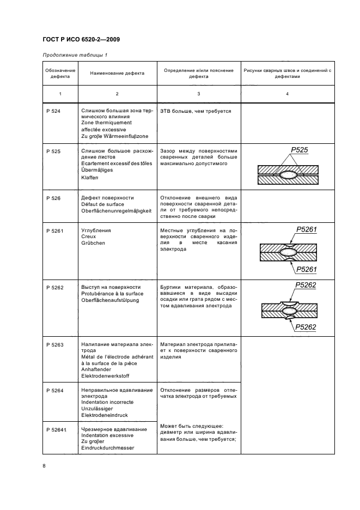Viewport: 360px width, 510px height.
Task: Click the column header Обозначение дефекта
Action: [x=60, y=74]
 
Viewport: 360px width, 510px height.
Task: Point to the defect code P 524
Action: [x=53, y=111]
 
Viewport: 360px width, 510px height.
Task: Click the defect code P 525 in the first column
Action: [x=53, y=151]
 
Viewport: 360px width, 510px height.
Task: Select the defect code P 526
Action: [x=53, y=198]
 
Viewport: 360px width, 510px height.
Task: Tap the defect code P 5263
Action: [x=55, y=345]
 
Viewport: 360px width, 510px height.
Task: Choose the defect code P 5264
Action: [x=55, y=390]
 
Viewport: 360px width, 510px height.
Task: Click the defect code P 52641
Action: [x=56, y=430]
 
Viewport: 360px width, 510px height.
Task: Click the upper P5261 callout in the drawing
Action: [x=307, y=230]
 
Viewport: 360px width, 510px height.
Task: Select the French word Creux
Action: [x=89, y=236]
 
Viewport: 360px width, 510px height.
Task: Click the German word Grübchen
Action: [x=93, y=243]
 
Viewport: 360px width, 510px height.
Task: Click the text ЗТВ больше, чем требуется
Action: [x=196, y=111]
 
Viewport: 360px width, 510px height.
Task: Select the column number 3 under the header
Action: [x=198, y=95]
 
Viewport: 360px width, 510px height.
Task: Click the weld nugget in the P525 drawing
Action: [x=288, y=175]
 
